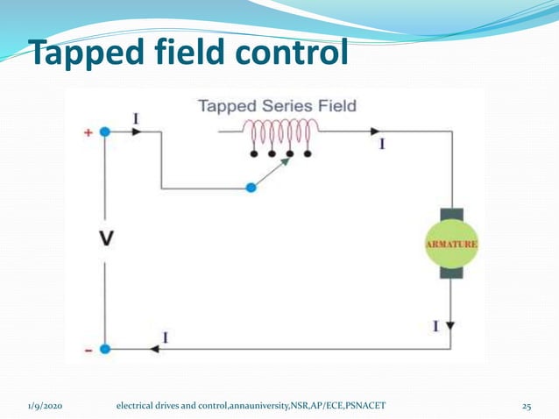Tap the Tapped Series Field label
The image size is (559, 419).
pyautogui.click(x=277, y=106)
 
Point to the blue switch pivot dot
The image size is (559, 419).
pyautogui.click(x=251, y=188)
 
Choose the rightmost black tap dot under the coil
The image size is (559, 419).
pyautogui.click(x=307, y=154)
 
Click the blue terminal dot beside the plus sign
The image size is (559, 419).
pyautogui.click(x=105, y=131)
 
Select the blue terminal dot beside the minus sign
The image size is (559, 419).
pyautogui.click(x=105, y=348)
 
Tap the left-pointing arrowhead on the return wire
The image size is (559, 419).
pyautogui.click(x=154, y=348)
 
